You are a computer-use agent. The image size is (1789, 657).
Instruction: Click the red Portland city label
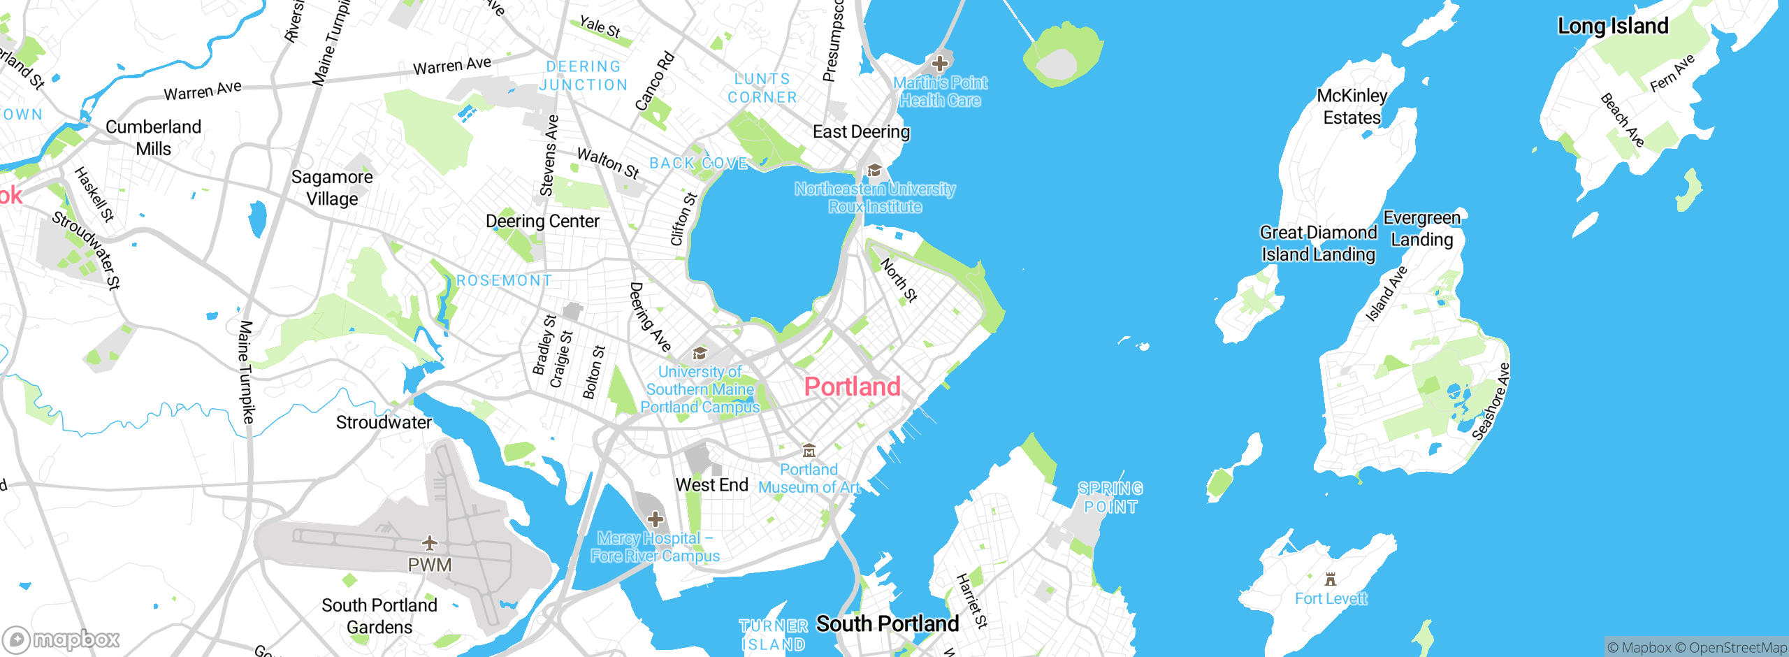click(852, 387)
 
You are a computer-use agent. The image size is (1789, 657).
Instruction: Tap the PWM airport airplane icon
click(430, 542)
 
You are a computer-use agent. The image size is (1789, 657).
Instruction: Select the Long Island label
click(1613, 26)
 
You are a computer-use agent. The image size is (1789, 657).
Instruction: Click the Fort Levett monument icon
click(1331, 579)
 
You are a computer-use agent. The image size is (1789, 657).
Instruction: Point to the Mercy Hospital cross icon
click(656, 519)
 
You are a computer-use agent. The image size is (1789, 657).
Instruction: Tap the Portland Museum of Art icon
click(809, 450)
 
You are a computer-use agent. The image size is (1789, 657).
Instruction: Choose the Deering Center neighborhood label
click(542, 221)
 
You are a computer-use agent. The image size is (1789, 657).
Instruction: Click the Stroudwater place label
click(384, 422)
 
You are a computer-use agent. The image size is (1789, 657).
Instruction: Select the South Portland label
click(888, 623)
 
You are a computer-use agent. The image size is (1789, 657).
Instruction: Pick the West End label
click(711, 485)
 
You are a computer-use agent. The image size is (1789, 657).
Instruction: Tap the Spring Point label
click(1110, 497)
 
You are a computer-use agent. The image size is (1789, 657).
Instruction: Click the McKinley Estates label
click(1352, 106)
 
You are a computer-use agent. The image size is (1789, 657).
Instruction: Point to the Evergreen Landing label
click(1422, 229)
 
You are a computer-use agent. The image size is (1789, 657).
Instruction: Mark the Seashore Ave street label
click(1491, 402)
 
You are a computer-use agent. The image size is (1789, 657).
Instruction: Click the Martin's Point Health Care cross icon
click(940, 64)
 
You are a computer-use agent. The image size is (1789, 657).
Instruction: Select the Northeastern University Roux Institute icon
click(874, 171)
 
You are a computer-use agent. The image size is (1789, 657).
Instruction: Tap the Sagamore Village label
click(332, 187)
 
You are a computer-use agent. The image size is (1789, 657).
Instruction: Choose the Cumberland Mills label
click(153, 138)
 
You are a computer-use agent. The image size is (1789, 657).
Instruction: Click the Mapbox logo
click(61, 639)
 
